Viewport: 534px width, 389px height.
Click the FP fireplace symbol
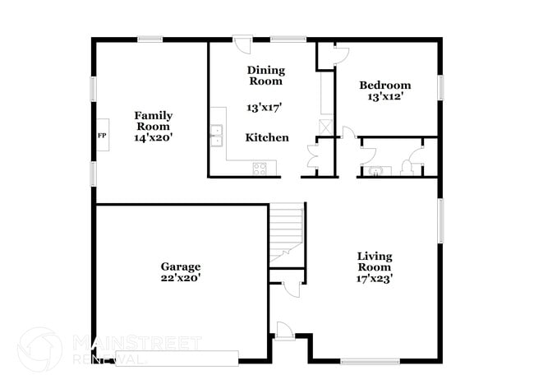pos(102,135)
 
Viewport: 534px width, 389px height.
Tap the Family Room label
pos(154,121)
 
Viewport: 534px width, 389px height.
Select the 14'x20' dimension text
pos(154,138)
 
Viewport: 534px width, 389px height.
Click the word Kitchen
pos(268,137)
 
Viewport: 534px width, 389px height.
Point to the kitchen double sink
pos(218,136)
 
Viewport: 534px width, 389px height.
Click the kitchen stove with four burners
pos(260,169)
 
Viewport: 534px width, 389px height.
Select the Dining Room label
pos(265,76)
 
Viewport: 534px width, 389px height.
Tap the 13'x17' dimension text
pos(265,107)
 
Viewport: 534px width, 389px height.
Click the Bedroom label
pos(385,86)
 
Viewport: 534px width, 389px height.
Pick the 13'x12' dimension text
pos(385,97)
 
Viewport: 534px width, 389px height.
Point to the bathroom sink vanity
pos(375,170)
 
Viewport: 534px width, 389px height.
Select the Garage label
pos(181,266)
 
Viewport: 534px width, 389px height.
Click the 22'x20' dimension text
pos(181,278)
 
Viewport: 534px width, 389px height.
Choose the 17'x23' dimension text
pos(374,278)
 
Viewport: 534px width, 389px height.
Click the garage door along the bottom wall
pos(177,357)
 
